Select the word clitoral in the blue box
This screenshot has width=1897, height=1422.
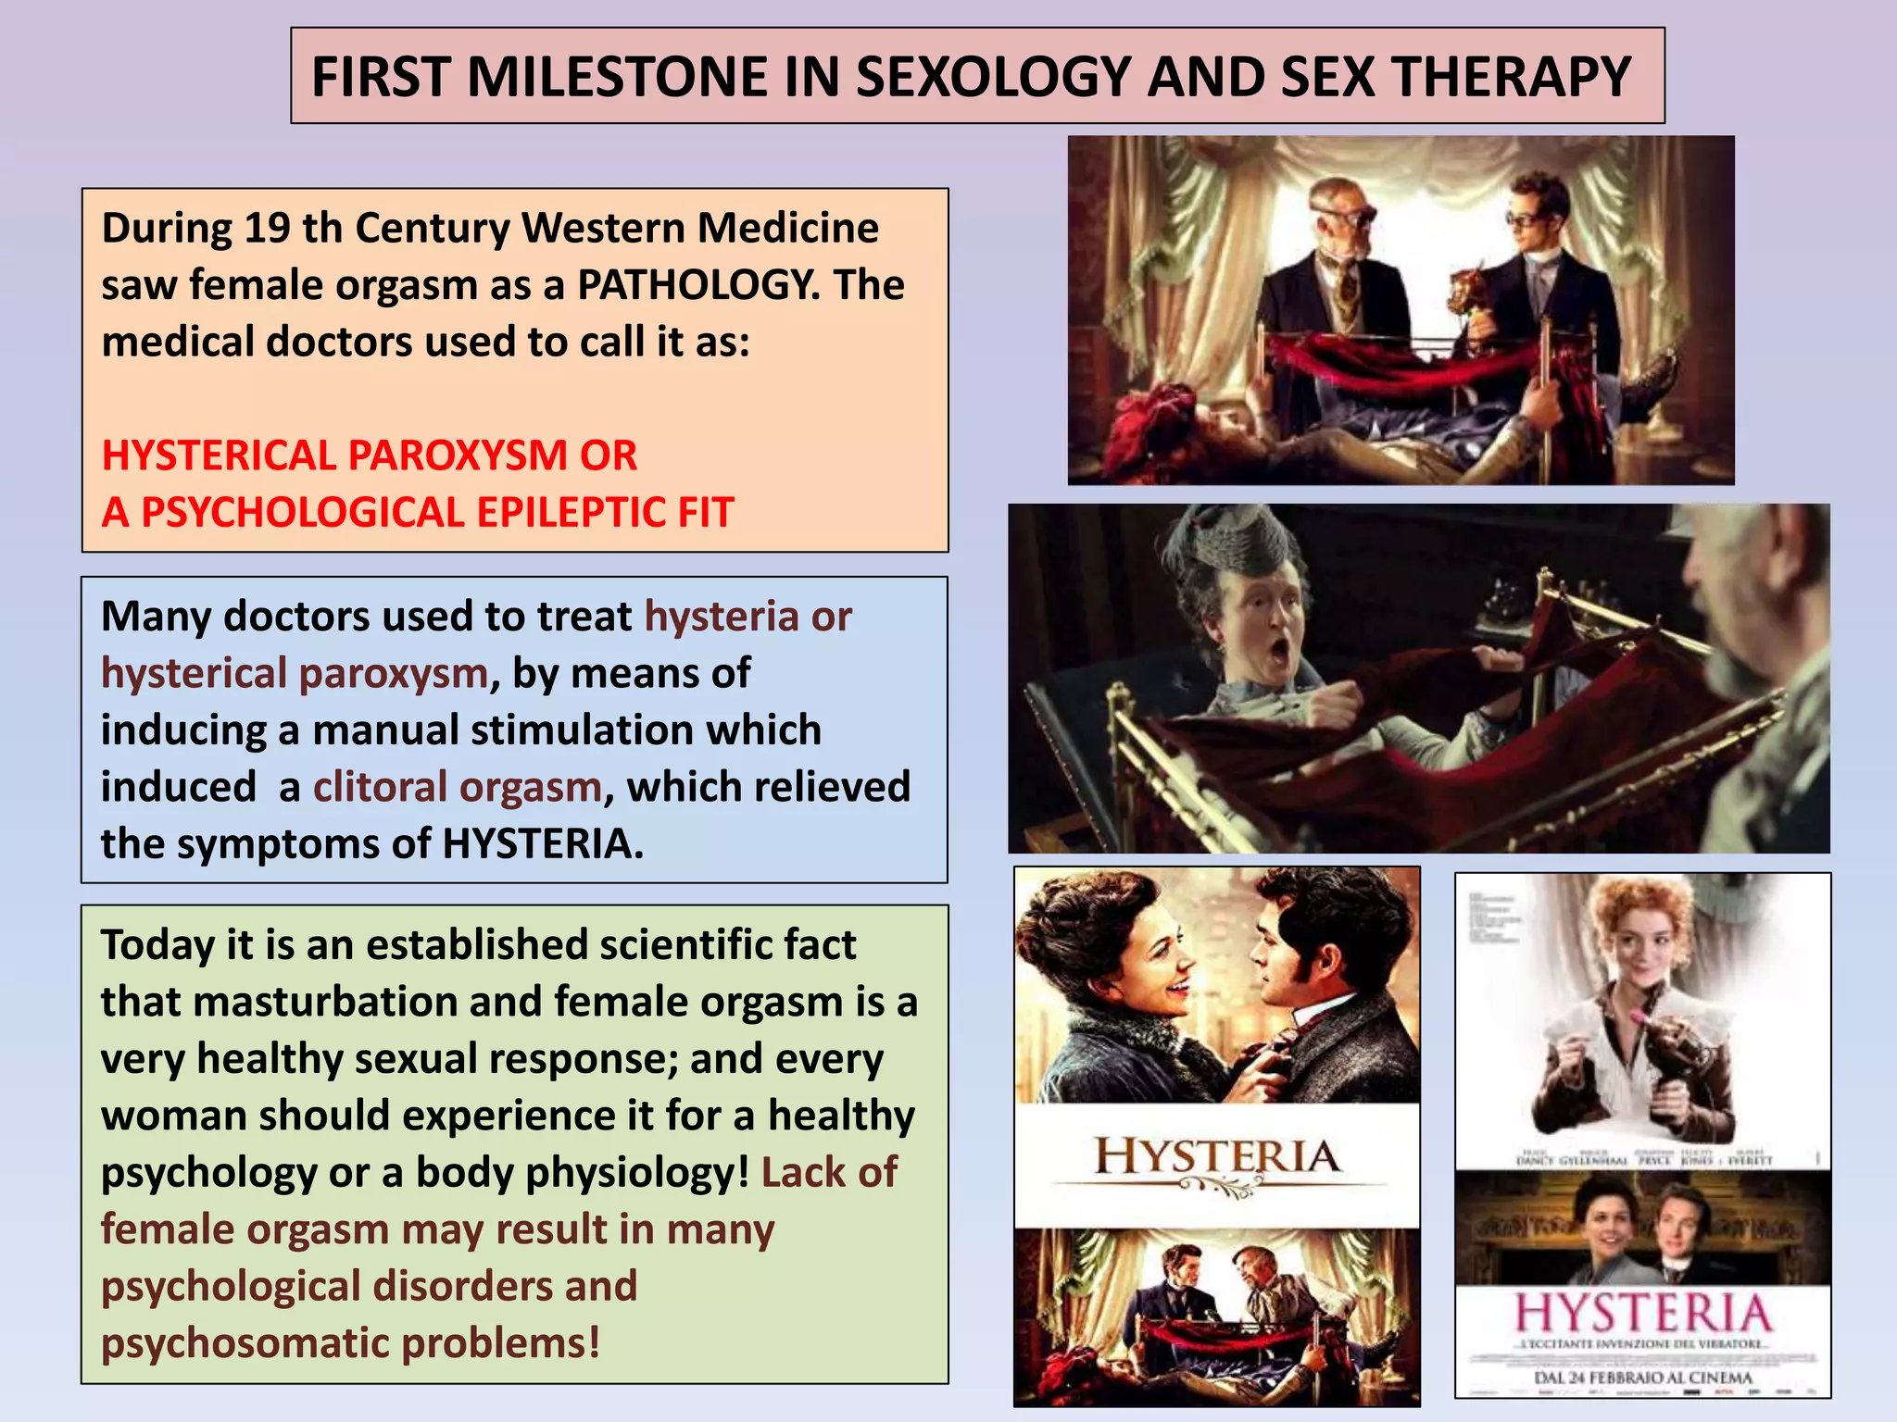[x=380, y=787]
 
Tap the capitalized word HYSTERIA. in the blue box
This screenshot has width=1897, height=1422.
[x=543, y=844]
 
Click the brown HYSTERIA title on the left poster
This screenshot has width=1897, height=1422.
[x=1217, y=1157]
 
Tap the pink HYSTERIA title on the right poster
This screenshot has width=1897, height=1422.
[x=1642, y=1314]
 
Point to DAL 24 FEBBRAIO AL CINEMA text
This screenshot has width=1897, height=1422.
[x=1642, y=1378]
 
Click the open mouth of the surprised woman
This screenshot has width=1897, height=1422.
[x=1279, y=652]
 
